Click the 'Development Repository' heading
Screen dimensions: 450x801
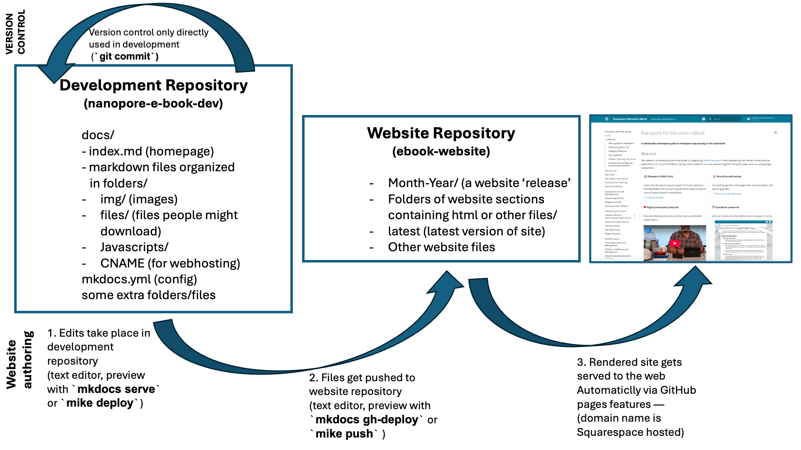point(154,85)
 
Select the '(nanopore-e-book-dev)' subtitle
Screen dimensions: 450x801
point(154,103)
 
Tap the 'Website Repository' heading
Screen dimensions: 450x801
point(441,133)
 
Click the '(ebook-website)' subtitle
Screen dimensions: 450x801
point(441,151)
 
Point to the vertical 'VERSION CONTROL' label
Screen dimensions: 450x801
point(15,32)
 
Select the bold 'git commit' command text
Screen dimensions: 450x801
point(125,56)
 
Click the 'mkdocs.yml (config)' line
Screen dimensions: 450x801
point(139,279)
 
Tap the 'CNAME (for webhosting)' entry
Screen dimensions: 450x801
point(170,263)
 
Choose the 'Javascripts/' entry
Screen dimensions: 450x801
point(134,247)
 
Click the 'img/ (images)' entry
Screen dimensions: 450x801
point(139,199)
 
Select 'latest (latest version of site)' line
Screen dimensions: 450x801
point(466,231)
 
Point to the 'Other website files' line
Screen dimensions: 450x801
point(441,247)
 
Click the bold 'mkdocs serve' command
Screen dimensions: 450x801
point(116,389)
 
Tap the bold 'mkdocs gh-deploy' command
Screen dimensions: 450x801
point(367,420)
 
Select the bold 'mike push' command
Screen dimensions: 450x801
point(344,434)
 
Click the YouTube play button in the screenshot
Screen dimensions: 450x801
point(675,243)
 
